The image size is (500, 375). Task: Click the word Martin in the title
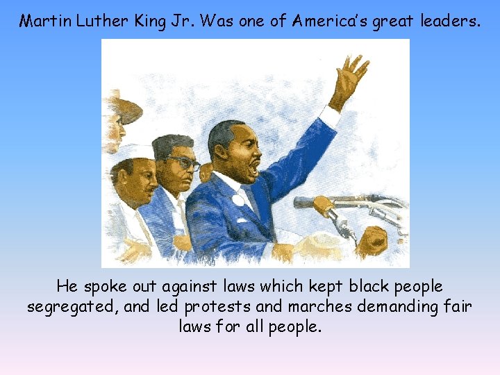point(42,22)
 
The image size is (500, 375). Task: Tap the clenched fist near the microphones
point(372,240)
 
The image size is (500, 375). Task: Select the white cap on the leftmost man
point(132,153)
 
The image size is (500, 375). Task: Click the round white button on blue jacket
point(238,200)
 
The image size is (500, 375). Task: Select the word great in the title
point(396,22)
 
